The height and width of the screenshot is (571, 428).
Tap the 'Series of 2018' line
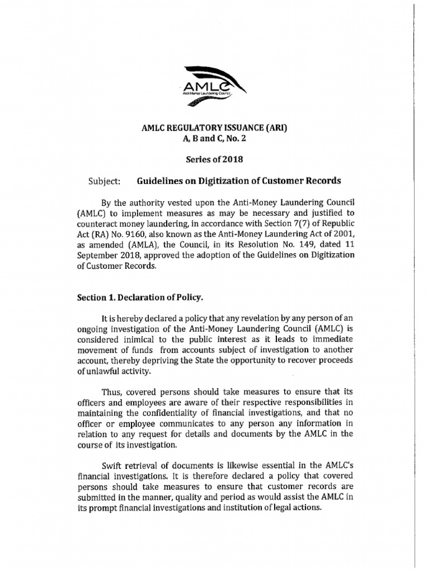tap(215, 159)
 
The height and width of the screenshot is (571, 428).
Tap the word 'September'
tap(98, 255)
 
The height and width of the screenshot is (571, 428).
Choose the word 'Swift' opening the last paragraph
tap(114, 466)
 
